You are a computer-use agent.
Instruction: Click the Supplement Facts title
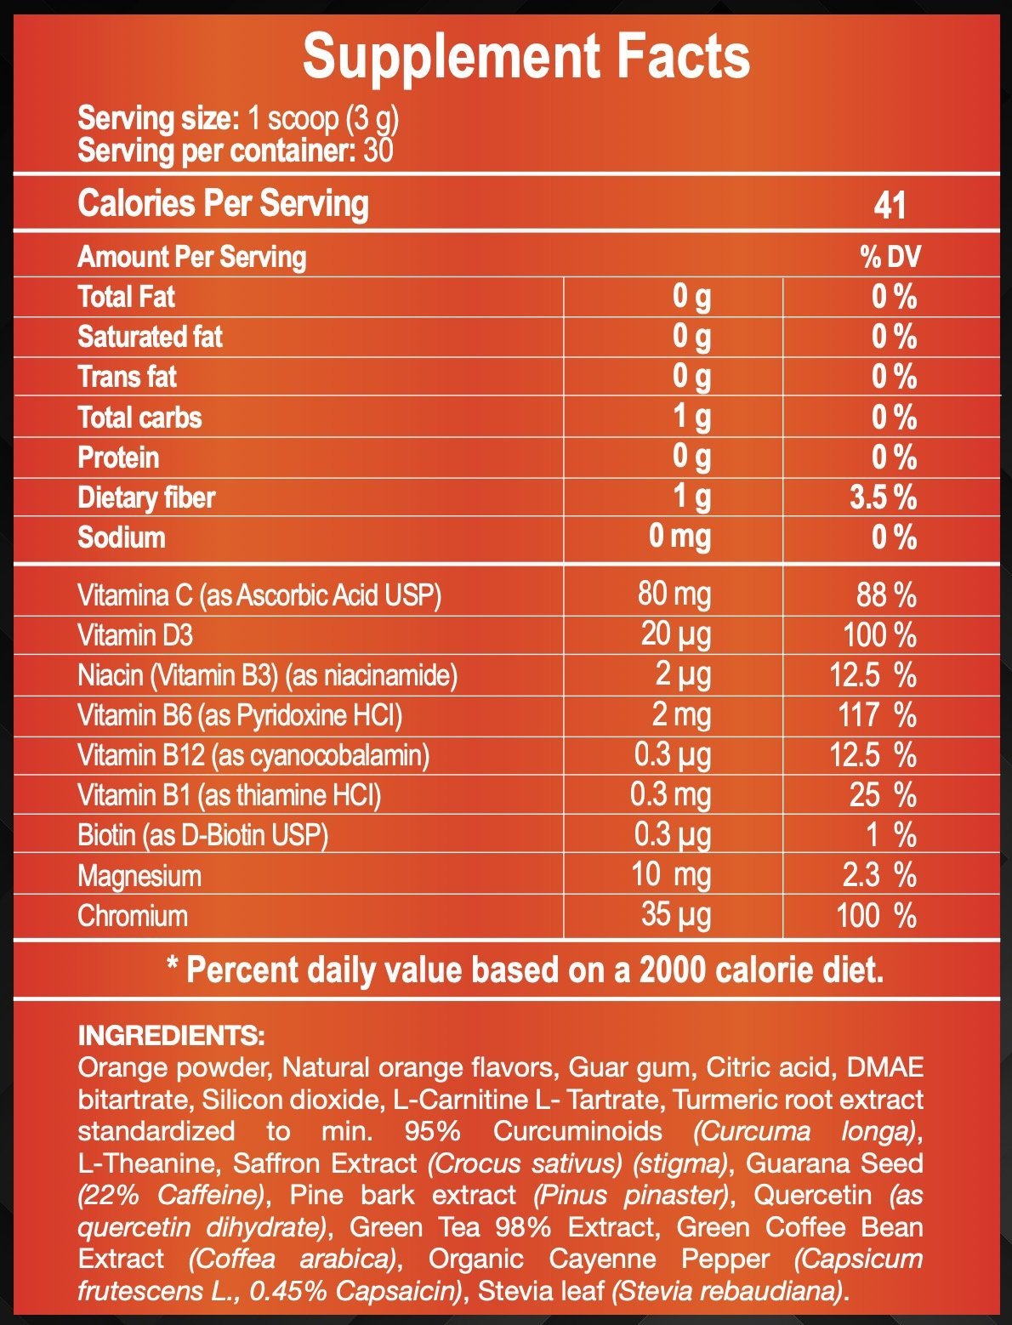click(x=526, y=57)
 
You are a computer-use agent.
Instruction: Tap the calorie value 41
click(x=890, y=205)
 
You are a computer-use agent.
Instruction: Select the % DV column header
click(x=890, y=257)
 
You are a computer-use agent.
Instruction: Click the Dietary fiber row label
click(x=146, y=498)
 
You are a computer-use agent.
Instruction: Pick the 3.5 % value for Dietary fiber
click(x=883, y=498)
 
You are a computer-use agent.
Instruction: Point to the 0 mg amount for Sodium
click(x=679, y=537)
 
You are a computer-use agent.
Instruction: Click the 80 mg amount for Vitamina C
click(x=674, y=594)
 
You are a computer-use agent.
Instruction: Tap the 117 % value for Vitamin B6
click(x=877, y=714)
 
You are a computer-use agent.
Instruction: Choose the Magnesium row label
click(x=139, y=876)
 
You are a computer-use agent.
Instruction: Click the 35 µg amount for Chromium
click(x=676, y=915)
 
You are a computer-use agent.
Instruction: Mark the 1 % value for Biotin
click(x=890, y=835)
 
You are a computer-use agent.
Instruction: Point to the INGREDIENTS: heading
click(x=171, y=1036)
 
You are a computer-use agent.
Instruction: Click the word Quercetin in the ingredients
click(x=812, y=1195)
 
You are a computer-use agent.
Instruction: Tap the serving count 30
click(x=378, y=151)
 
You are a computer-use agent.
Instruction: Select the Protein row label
click(x=118, y=458)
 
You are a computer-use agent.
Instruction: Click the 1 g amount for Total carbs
click(x=691, y=417)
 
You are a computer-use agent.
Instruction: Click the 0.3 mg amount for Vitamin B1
click(x=671, y=794)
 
